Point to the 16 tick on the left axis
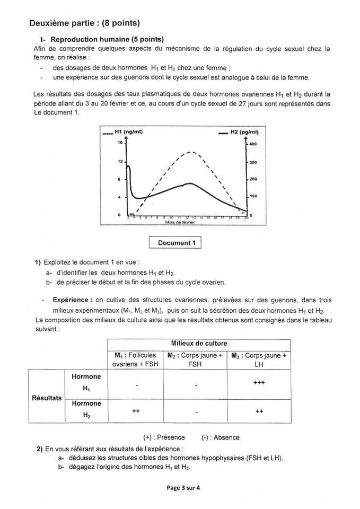coord(120,143)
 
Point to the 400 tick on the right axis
coord(253,144)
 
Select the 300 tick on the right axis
coord(253,162)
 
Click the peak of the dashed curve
coord(192,153)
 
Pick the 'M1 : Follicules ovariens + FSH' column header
coord(135,359)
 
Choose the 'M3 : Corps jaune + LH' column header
coord(259,359)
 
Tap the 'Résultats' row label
coord(47,398)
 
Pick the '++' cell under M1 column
coord(135,411)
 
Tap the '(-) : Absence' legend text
coord(220,437)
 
